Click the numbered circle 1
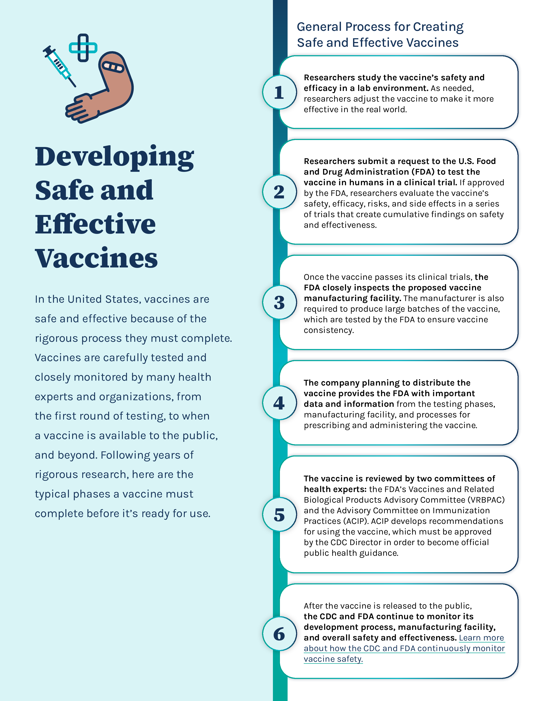click(x=279, y=92)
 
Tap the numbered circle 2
click(x=279, y=192)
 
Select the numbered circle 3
click(x=279, y=302)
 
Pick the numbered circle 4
click(x=279, y=403)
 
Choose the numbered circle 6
click(x=279, y=634)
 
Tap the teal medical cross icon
click(x=83, y=48)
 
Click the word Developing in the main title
click(x=114, y=157)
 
